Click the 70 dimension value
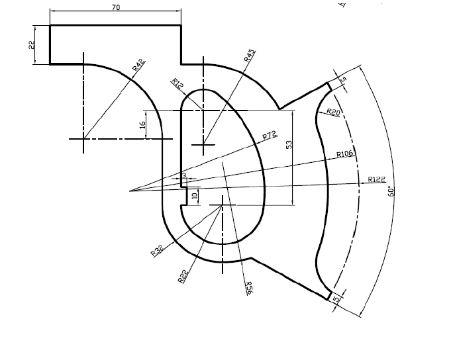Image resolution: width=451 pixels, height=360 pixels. point(116,7)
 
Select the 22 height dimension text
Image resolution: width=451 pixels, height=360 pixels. point(31,45)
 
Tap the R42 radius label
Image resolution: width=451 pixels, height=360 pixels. point(138,64)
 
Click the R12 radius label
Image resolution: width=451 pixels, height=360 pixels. point(177,83)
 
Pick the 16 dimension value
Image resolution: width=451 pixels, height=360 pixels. point(142,124)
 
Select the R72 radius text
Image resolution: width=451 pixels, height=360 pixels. point(269,136)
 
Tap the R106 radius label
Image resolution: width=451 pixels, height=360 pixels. point(346,154)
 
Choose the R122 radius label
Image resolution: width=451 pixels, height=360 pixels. point(376,179)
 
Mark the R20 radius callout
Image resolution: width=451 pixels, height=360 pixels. point(333,112)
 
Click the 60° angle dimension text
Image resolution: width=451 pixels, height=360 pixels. point(391,191)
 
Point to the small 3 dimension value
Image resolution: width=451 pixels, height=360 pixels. point(184,175)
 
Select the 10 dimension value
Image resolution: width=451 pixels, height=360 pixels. point(195,196)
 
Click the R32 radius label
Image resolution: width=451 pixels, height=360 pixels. point(157,250)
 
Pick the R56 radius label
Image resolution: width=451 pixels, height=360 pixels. point(249,289)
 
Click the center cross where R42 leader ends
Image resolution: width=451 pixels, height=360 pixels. point(83,139)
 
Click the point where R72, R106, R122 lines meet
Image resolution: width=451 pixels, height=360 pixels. point(130,191)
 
